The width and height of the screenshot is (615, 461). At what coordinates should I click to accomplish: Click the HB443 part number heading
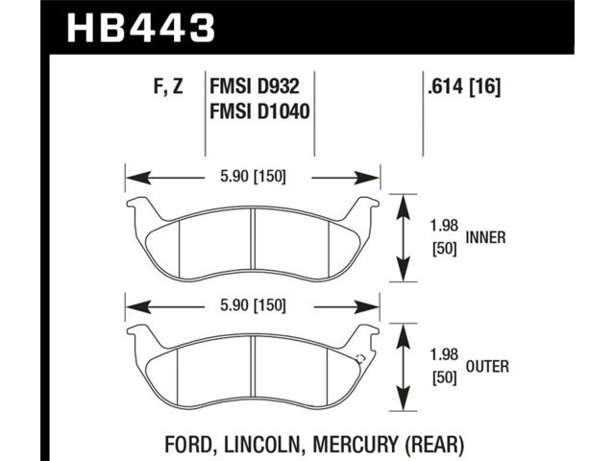point(141,28)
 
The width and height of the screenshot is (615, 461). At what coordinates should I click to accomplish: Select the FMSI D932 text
point(255,85)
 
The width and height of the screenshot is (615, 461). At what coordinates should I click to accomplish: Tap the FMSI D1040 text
point(259,111)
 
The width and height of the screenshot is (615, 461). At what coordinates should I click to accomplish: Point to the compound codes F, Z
point(168,86)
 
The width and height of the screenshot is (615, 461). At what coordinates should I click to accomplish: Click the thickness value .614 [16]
point(464,85)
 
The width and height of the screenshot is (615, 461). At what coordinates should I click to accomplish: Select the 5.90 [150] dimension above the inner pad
point(253,177)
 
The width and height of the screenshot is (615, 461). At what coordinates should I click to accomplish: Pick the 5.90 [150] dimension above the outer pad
point(253,305)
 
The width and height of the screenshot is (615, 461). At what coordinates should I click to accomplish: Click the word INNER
point(485,237)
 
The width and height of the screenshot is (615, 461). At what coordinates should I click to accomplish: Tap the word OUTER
point(487,366)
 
